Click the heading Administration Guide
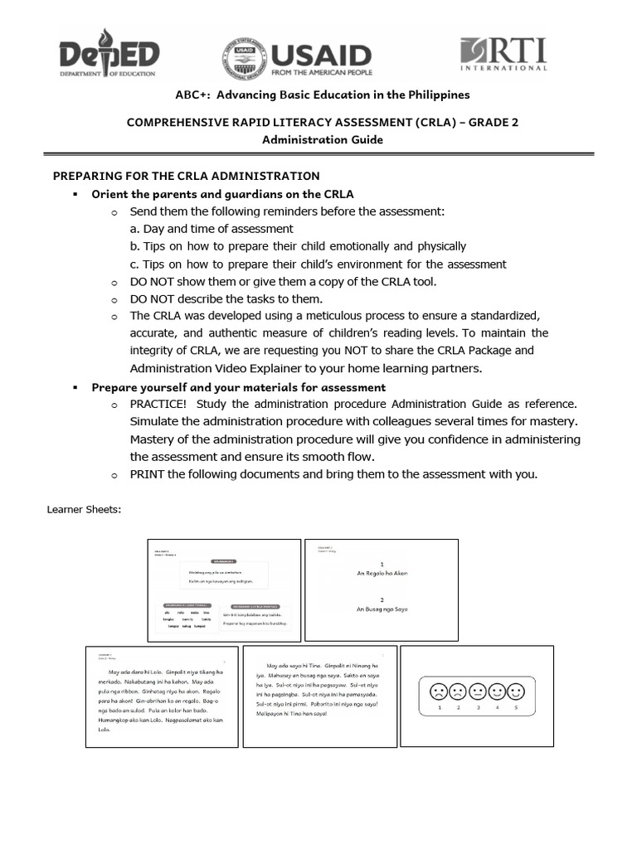coord(323,140)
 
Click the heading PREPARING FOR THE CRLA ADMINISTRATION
coord(186,176)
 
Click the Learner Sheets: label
coord(85,510)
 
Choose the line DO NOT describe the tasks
coord(226,298)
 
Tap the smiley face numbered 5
coord(515,691)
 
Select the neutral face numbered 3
coord(476,691)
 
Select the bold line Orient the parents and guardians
coord(222,194)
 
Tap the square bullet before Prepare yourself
coord(75,387)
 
